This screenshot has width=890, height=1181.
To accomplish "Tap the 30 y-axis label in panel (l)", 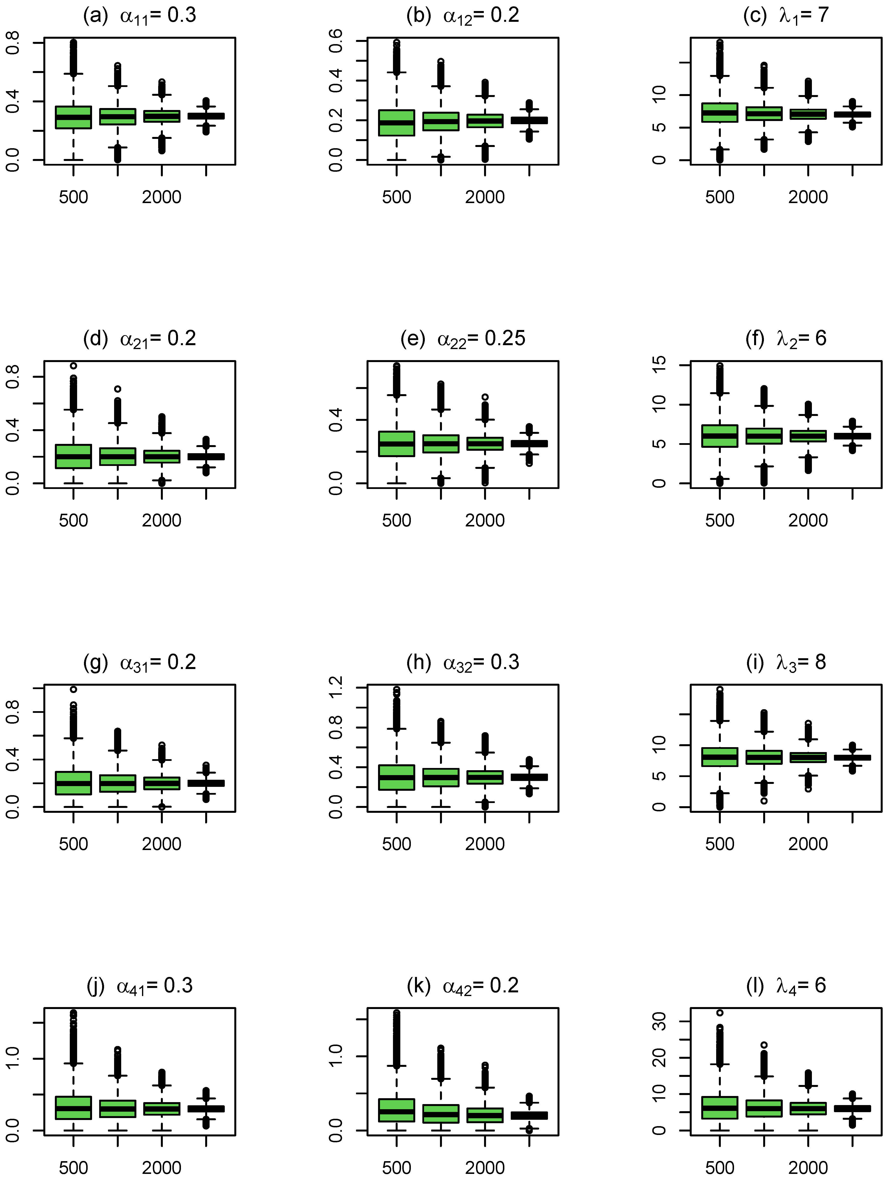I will pos(660,1021).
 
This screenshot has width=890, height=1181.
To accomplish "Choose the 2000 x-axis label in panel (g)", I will pos(162,844).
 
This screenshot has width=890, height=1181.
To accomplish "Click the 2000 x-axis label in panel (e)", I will pos(485,521).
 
